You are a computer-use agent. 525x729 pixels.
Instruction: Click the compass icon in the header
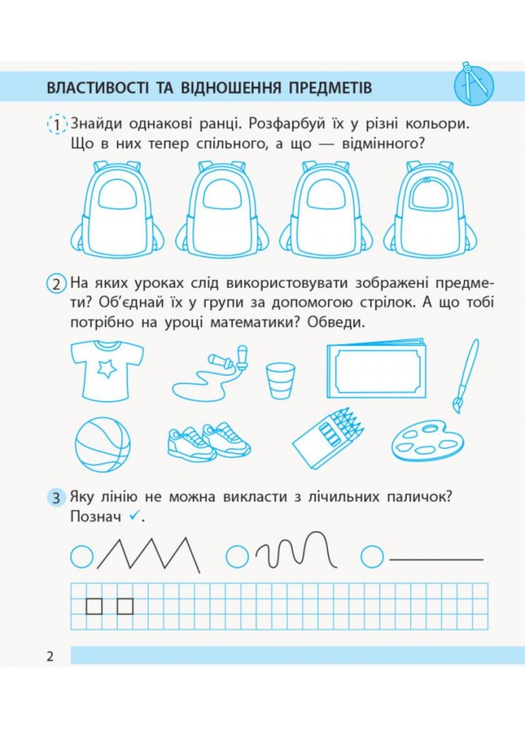(x=473, y=84)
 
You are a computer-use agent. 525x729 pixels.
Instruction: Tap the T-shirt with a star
(x=107, y=370)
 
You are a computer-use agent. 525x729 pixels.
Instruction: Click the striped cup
(x=281, y=381)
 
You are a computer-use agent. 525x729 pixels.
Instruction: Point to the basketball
(x=102, y=445)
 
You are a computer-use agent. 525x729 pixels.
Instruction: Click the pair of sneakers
(x=209, y=440)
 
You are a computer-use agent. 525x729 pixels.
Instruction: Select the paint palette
(x=427, y=440)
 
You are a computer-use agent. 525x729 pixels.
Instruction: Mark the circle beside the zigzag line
(x=82, y=555)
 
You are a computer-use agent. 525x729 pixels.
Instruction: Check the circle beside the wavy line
(x=237, y=556)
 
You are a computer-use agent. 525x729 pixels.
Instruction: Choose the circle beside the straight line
(x=372, y=556)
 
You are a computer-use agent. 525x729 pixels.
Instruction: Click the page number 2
(x=50, y=656)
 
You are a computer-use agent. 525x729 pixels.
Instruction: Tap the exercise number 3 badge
(x=56, y=498)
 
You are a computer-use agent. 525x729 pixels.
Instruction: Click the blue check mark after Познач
(x=134, y=515)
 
